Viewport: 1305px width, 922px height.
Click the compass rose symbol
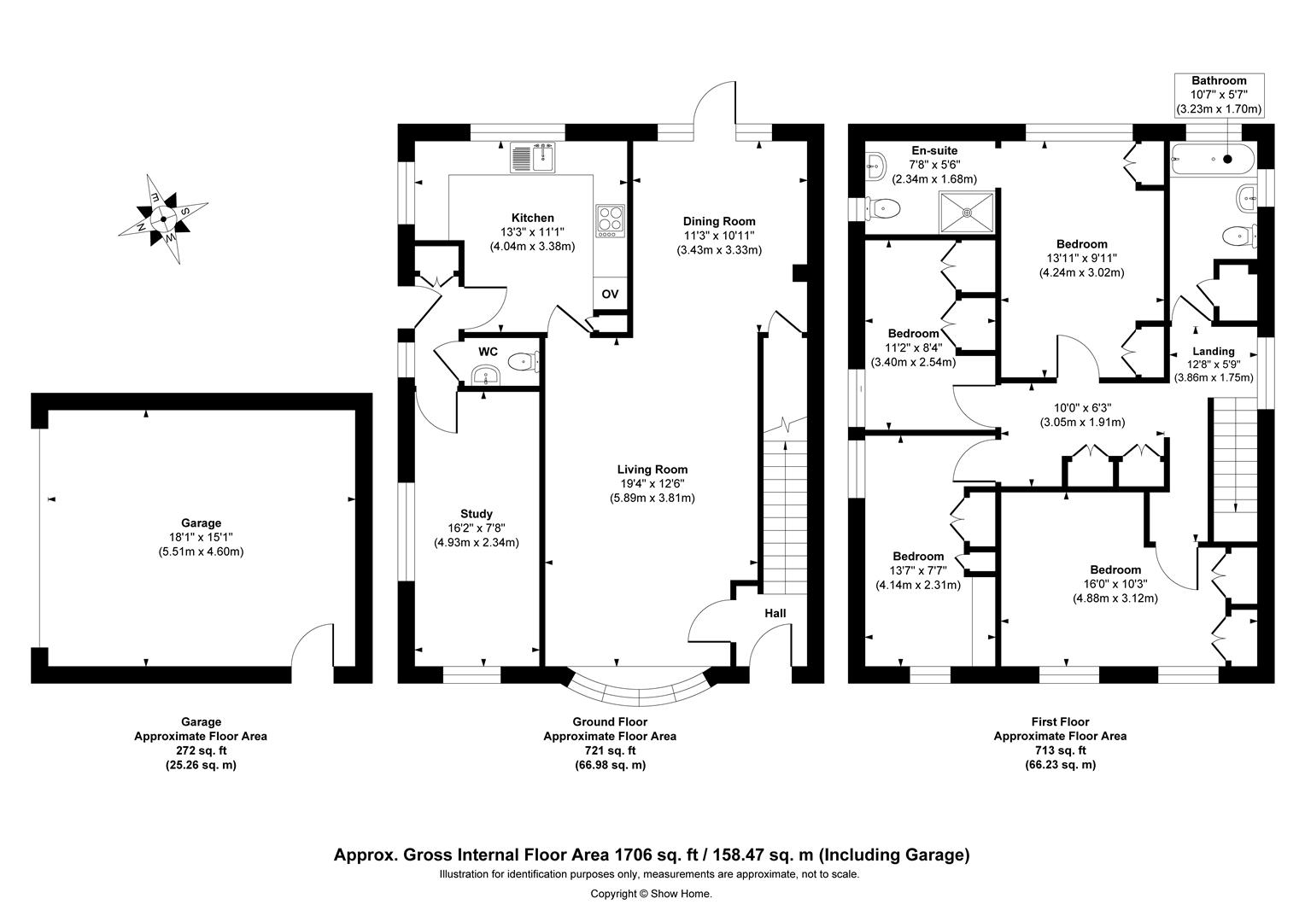click(162, 219)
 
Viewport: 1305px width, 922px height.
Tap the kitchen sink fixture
click(533, 157)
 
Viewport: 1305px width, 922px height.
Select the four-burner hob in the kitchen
click(610, 221)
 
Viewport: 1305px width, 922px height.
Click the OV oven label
click(610, 294)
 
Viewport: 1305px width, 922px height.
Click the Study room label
click(476, 514)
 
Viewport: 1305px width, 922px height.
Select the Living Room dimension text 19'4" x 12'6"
click(652, 483)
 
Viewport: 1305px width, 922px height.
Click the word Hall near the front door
click(775, 613)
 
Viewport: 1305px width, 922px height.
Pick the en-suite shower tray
click(968, 211)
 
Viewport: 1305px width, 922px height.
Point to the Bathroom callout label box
click(1219, 95)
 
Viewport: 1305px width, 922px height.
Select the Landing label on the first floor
click(1213, 351)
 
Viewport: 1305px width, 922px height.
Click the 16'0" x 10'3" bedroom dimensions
click(1115, 584)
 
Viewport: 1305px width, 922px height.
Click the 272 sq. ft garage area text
click(200, 750)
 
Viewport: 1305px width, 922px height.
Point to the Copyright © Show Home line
click(651, 894)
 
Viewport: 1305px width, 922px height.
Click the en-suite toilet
click(883, 207)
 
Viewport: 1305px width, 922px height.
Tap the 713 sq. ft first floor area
click(1059, 750)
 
